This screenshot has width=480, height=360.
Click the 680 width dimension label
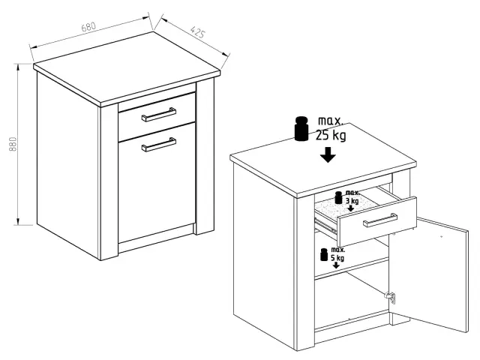click(88, 27)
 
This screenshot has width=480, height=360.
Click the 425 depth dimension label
click(197, 32)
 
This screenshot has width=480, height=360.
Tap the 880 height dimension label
click(13, 144)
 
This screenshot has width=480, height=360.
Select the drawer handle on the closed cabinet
click(158, 114)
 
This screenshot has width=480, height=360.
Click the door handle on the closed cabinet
click(158, 145)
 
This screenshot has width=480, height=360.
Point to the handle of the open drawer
click(380, 220)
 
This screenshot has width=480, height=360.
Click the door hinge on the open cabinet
click(391, 297)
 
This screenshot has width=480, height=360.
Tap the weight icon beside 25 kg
click(301, 128)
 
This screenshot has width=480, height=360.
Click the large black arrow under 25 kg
click(328, 155)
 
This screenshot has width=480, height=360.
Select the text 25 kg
click(331, 135)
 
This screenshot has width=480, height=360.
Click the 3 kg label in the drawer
click(352, 201)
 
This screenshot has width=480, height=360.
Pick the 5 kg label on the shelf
click(337, 258)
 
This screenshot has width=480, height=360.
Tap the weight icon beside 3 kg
click(338, 197)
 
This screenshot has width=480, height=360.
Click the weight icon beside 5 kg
click(324, 254)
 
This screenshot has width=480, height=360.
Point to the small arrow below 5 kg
click(336, 265)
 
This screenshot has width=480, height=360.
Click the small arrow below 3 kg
click(351, 208)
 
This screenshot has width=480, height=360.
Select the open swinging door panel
click(429, 274)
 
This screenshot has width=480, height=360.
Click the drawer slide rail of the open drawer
click(325, 225)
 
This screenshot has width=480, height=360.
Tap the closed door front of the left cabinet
click(157, 182)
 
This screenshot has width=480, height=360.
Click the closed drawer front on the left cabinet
click(157, 117)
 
